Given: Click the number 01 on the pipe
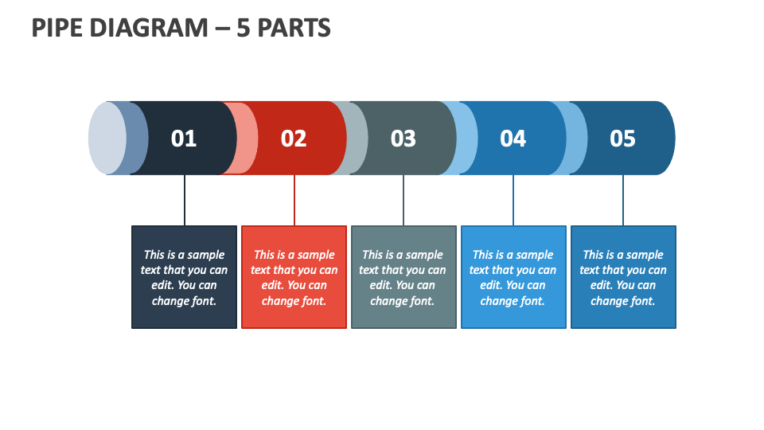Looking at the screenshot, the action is [x=184, y=139].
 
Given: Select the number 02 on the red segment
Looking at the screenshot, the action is [x=294, y=139].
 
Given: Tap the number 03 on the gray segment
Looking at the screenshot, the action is [x=403, y=139].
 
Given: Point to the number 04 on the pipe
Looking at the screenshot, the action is [x=513, y=139].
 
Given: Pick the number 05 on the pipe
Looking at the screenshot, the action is [x=622, y=139].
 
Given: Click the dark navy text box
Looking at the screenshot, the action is [x=184, y=277].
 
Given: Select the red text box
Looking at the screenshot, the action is [x=294, y=277].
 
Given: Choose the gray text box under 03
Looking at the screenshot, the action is [x=404, y=277].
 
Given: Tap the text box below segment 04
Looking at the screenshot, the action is [x=513, y=277].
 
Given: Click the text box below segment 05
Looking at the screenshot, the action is [x=623, y=277].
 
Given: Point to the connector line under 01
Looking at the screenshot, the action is [x=185, y=200].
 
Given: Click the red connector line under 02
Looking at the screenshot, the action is [x=294, y=200].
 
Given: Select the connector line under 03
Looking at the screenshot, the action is [x=403, y=200].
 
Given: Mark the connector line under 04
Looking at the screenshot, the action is [x=513, y=200].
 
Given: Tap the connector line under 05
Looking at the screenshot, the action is [x=622, y=200].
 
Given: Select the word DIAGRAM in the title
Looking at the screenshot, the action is [x=149, y=28].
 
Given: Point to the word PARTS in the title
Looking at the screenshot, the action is [x=294, y=28].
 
